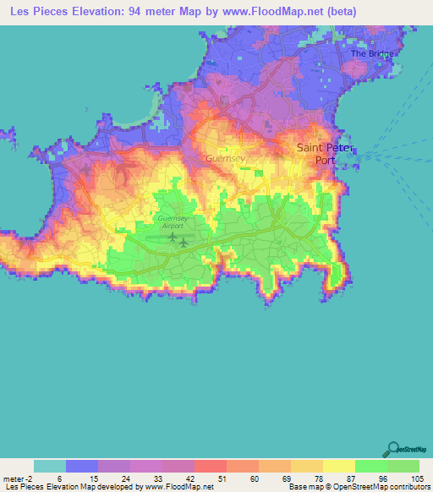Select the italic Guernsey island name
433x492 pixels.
click(x=225, y=158)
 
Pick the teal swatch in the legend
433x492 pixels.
click(x=50, y=466)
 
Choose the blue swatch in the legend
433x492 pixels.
click(x=82, y=466)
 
